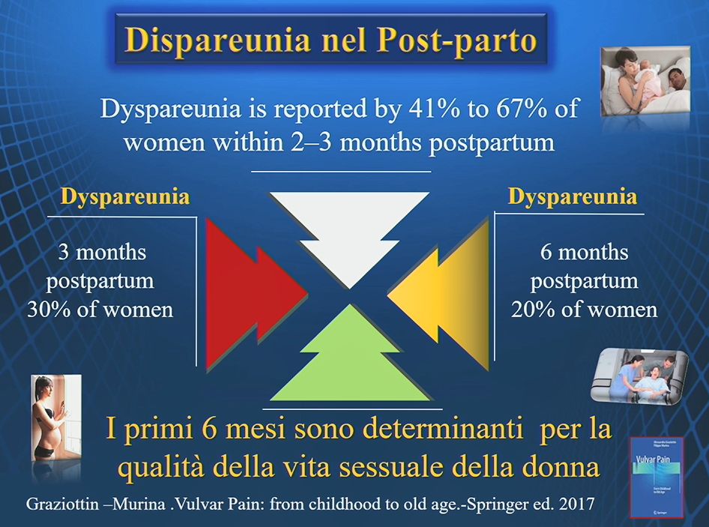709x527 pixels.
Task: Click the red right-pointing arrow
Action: point(249,294)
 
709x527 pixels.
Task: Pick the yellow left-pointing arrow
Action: point(445,294)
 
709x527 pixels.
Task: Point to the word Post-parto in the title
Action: point(457,40)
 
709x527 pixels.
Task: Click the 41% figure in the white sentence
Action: point(435,109)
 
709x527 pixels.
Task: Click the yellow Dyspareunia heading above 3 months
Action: point(125,197)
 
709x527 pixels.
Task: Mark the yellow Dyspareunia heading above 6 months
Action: point(573,197)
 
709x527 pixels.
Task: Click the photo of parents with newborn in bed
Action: point(645,81)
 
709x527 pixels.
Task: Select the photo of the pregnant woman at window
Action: point(55,418)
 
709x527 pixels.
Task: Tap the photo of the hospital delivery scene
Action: point(640,375)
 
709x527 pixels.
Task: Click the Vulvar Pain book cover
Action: point(657,477)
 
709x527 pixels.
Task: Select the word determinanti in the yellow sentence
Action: point(443,428)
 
